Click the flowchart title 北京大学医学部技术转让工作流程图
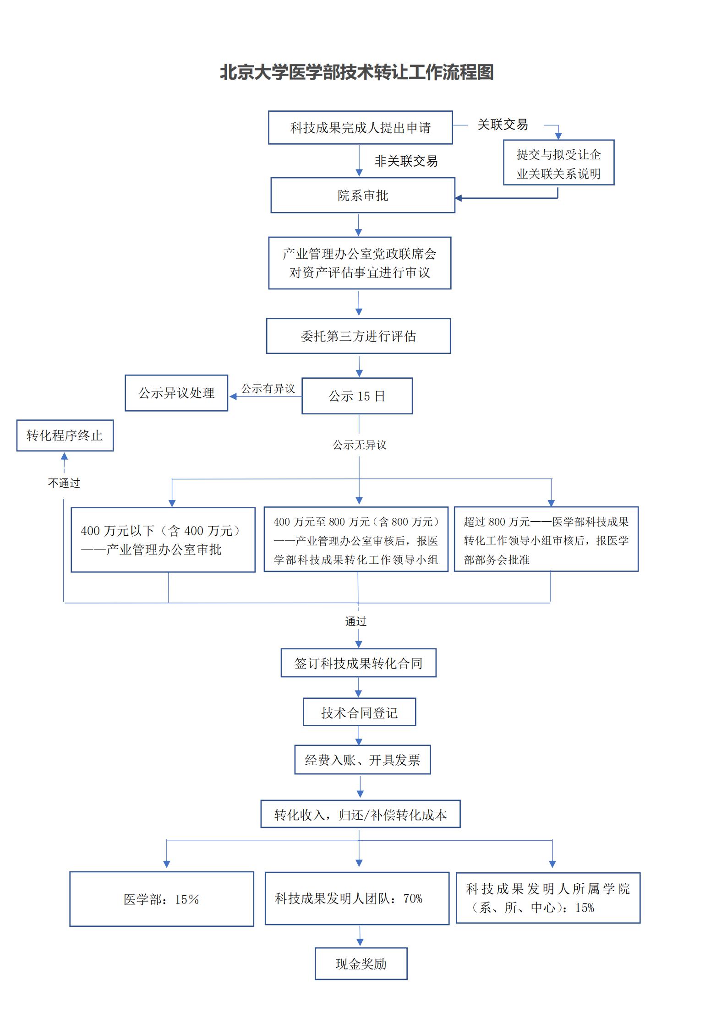click(356, 72)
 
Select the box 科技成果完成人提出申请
click(360, 128)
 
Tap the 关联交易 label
click(503, 125)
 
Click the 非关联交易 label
click(406, 161)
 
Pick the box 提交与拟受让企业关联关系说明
click(558, 163)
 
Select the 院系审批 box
click(362, 196)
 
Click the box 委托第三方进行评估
click(358, 336)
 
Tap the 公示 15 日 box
click(357, 396)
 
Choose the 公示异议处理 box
click(176, 393)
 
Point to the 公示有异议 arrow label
click(268, 389)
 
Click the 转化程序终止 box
click(65, 435)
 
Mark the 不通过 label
click(64, 483)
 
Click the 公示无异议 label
click(359, 445)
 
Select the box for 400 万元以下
click(163, 540)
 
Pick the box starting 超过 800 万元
click(546, 539)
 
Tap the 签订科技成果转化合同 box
click(358, 663)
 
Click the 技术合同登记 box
click(359, 713)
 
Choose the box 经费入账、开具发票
click(362, 760)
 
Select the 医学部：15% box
click(161, 899)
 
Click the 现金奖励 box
click(361, 964)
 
